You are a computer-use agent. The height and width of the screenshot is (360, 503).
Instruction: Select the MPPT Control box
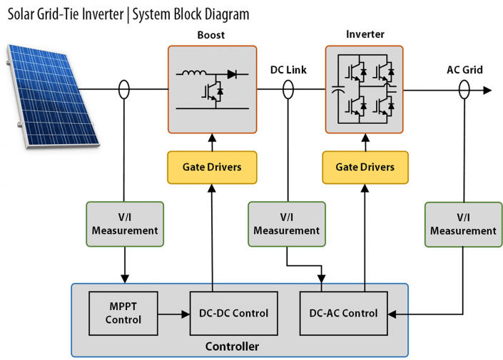click(123, 313)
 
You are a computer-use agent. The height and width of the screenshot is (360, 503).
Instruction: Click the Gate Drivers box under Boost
click(212, 167)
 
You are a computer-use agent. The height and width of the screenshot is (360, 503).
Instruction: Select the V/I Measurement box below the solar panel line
click(125, 224)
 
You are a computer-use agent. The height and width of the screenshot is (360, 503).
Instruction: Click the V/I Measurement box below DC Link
click(287, 224)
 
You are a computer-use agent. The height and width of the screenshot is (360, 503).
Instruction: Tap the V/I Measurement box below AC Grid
click(463, 224)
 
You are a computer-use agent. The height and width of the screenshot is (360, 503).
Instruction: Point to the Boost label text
click(211, 35)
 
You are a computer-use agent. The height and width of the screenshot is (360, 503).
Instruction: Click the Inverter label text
click(365, 34)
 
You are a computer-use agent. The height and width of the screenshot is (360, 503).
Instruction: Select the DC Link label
click(289, 70)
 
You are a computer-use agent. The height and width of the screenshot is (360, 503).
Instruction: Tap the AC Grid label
click(464, 70)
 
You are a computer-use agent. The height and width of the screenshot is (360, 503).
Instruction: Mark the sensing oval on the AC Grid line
click(464, 90)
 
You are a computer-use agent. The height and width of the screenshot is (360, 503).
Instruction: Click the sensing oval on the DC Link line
click(288, 90)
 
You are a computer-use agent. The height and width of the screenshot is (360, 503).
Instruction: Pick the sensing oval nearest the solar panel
click(125, 90)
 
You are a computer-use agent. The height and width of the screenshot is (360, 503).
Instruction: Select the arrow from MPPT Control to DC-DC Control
click(174, 313)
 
